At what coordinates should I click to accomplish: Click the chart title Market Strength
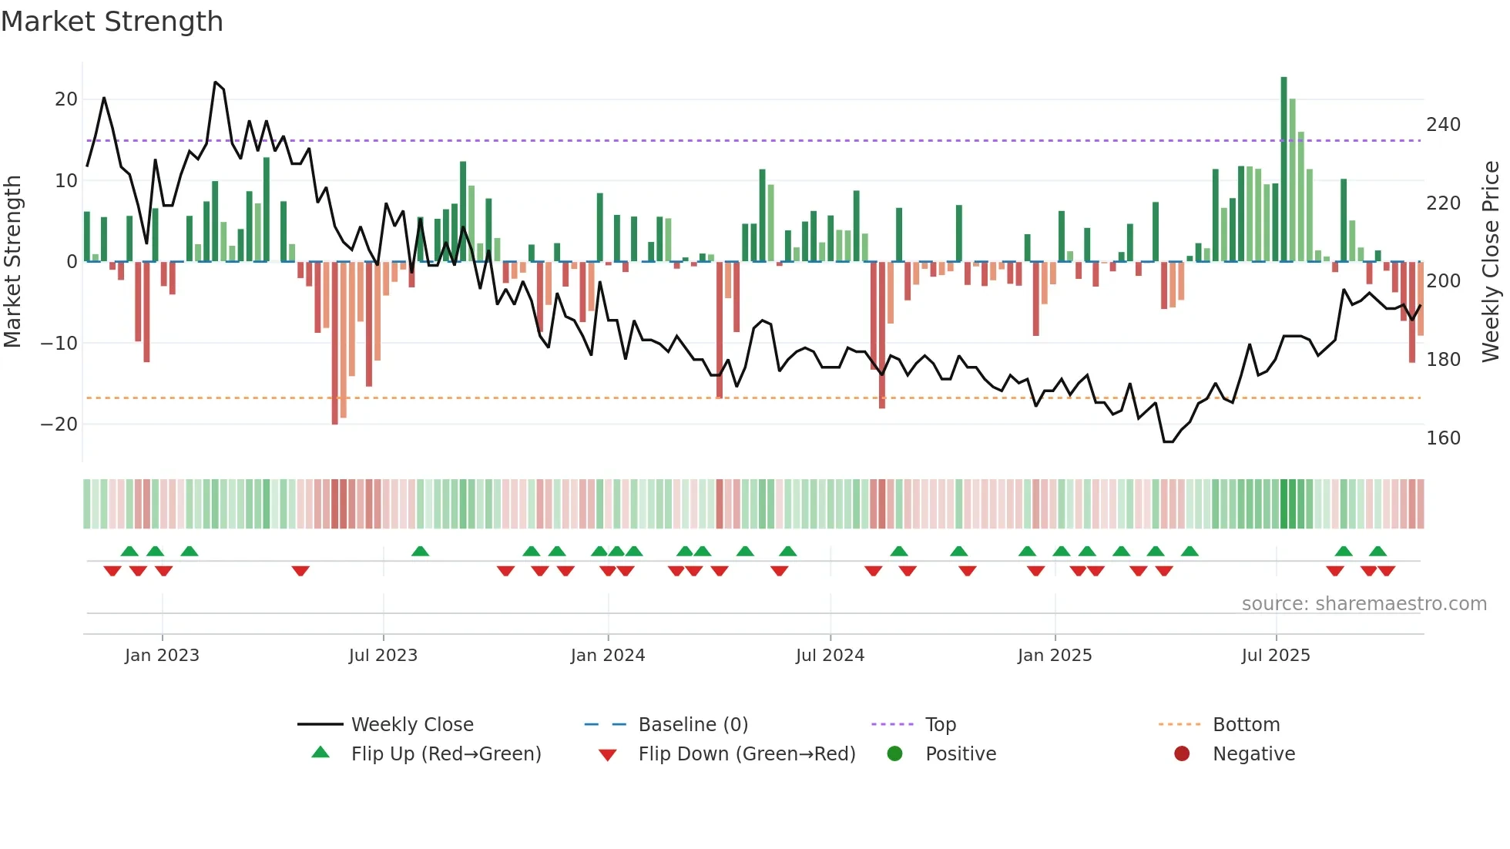click(112, 22)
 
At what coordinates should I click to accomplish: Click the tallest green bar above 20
click(1283, 169)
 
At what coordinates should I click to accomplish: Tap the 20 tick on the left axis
click(66, 99)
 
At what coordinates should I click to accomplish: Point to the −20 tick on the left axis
click(60, 424)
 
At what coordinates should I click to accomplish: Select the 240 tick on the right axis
click(1443, 125)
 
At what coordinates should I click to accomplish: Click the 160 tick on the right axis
click(1443, 438)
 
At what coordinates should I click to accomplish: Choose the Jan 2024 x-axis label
click(607, 656)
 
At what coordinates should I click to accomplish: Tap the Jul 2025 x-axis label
click(1275, 656)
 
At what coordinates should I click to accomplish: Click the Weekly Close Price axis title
click(1491, 262)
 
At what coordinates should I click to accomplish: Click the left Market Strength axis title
click(12, 262)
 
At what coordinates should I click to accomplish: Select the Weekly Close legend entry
click(411, 725)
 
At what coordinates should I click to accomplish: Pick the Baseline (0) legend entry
click(693, 725)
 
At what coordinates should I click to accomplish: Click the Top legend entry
click(940, 725)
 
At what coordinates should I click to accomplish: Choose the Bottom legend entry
click(1246, 725)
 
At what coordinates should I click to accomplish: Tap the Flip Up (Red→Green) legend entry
click(445, 754)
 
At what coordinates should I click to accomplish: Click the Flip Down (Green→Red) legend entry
click(746, 754)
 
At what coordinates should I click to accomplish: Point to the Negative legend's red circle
click(1181, 754)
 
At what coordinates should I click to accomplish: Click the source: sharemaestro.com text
click(1364, 604)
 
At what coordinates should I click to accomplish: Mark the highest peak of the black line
click(216, 82)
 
